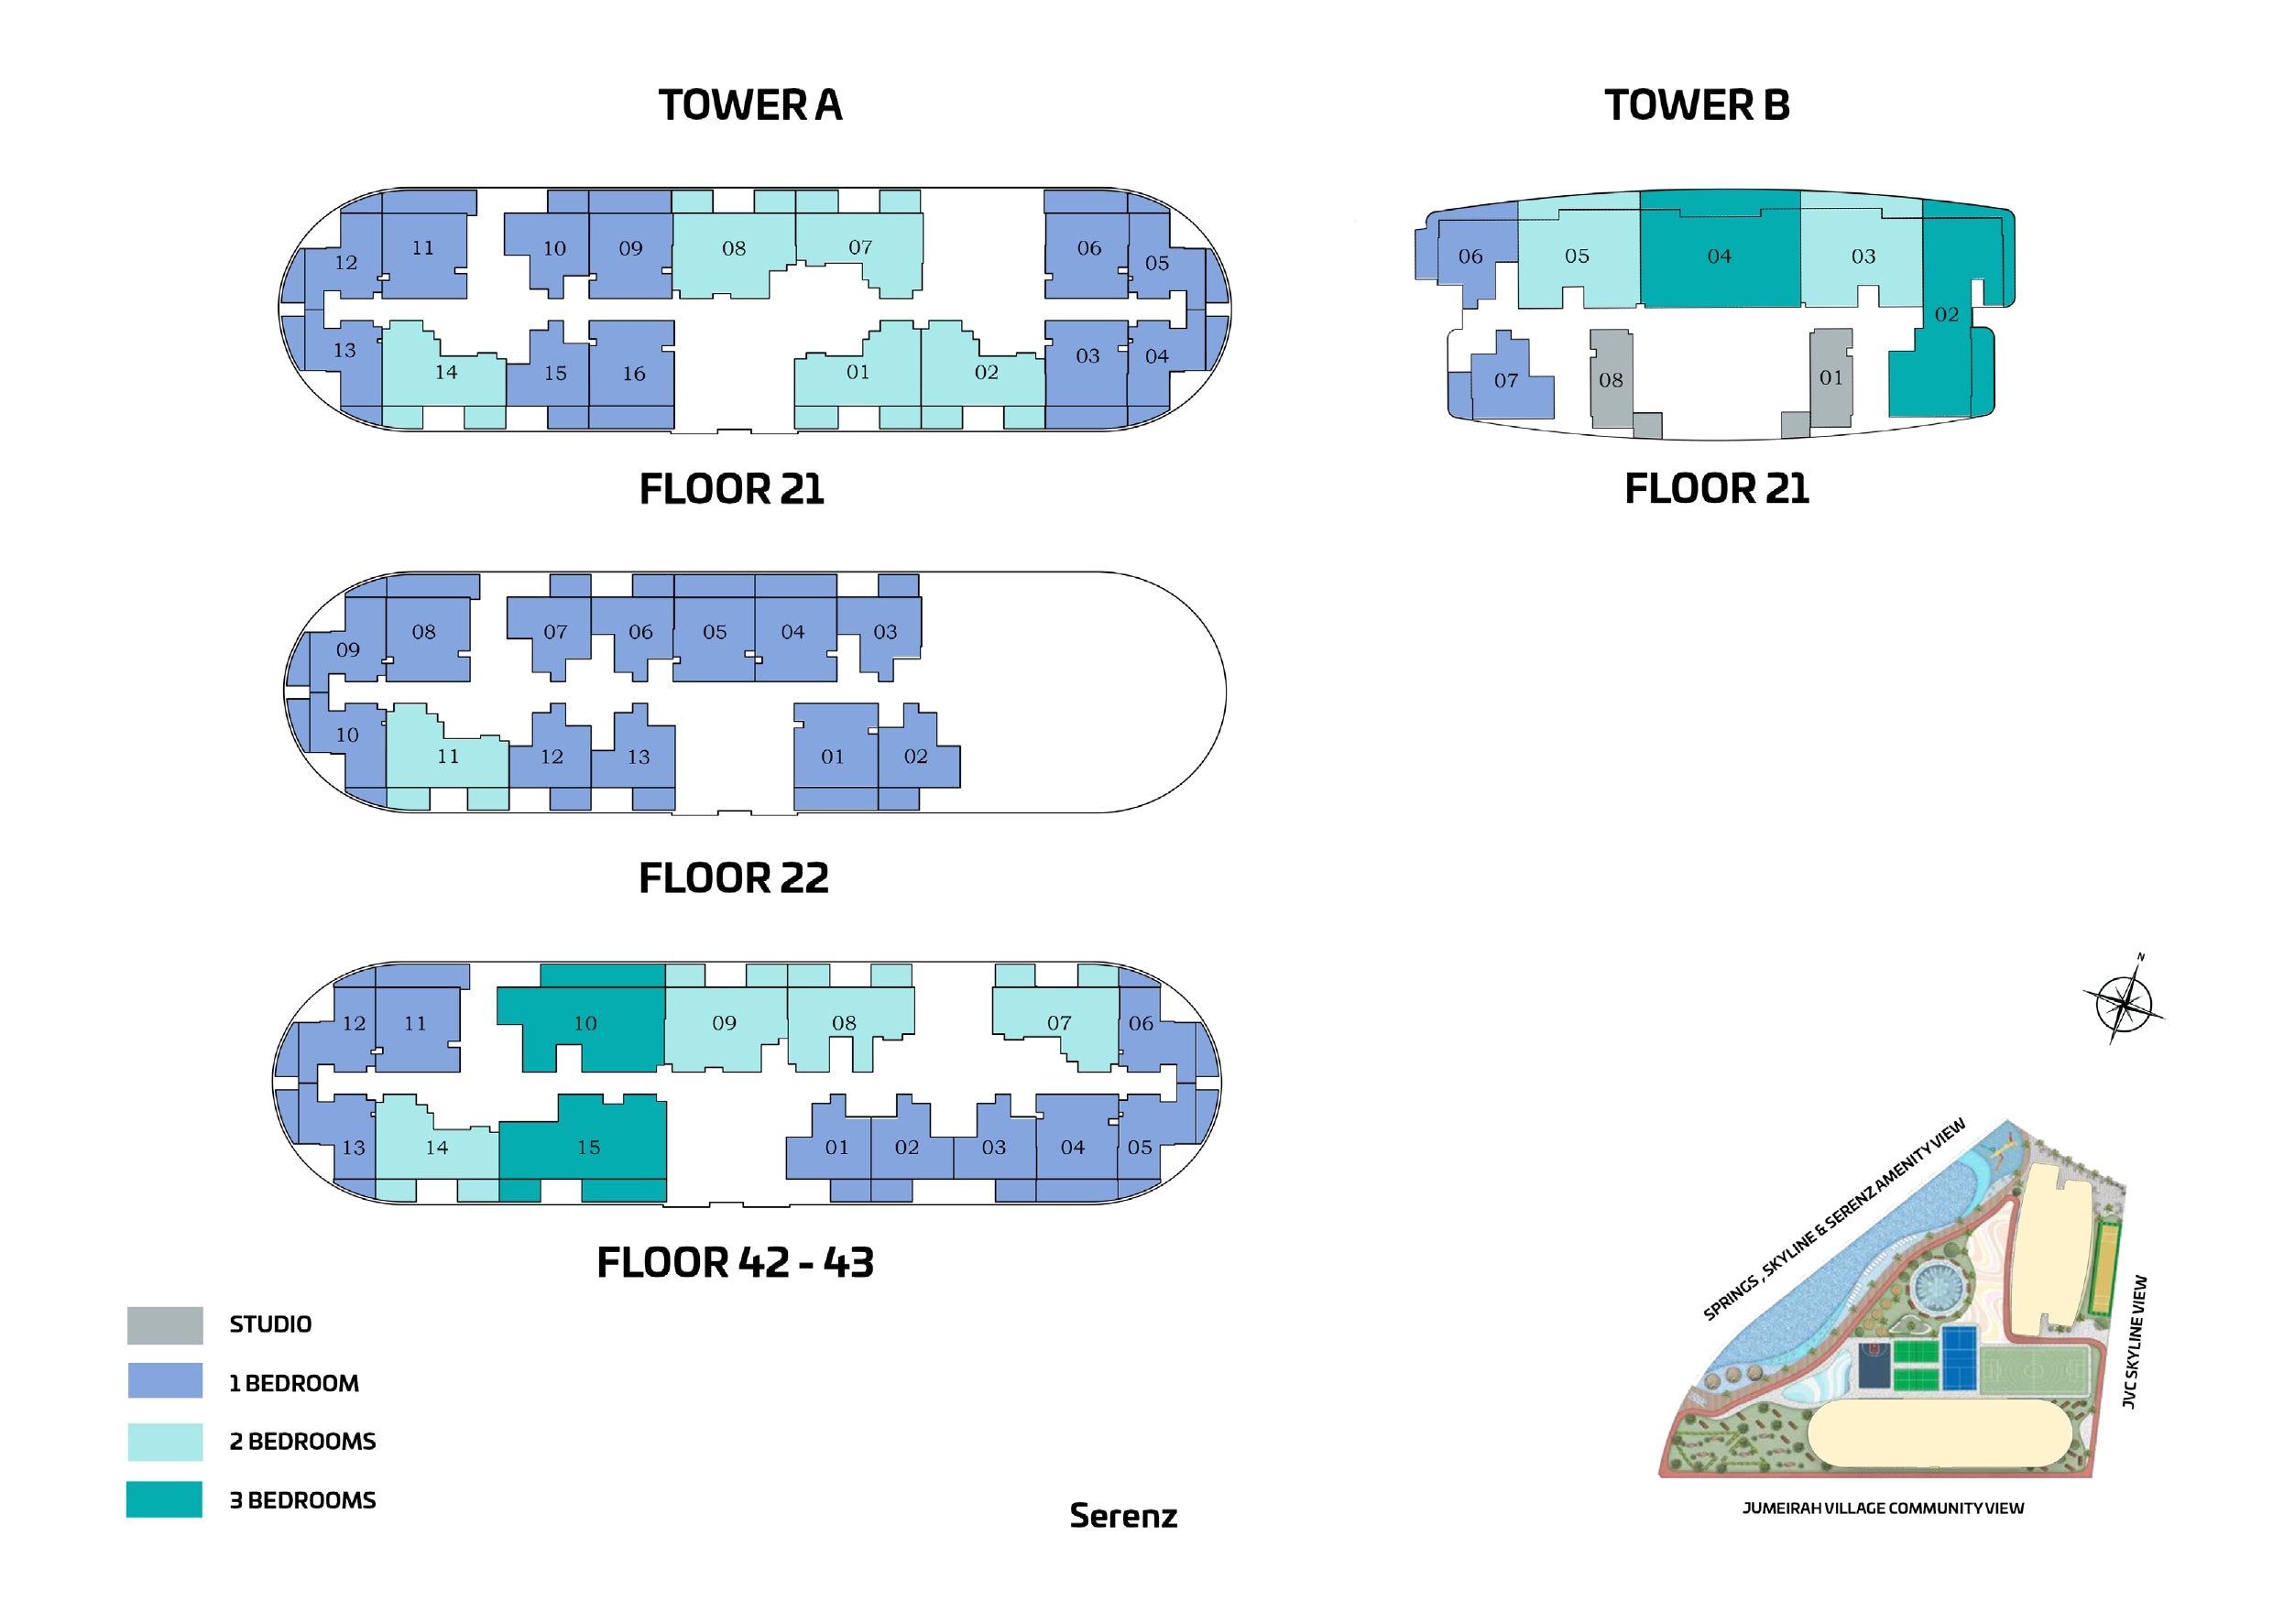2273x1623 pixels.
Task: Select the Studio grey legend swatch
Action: click(x=165, y=1325)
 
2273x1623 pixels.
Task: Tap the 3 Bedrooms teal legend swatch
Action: click(x=164, y=1499)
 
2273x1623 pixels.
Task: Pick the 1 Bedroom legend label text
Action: click(x=294, y=1383)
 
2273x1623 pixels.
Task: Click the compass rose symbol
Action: click(x=2123, y=1002)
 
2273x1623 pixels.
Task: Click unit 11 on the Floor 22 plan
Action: click(x=447, y=757)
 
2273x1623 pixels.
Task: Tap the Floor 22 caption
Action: click(x=734, y=878)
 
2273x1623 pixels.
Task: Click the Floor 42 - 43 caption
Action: click(x=735, y=1262)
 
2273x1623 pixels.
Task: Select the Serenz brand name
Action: click(x=1123, y=1516)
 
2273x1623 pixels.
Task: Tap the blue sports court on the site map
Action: click(x=1959, y=1357)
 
